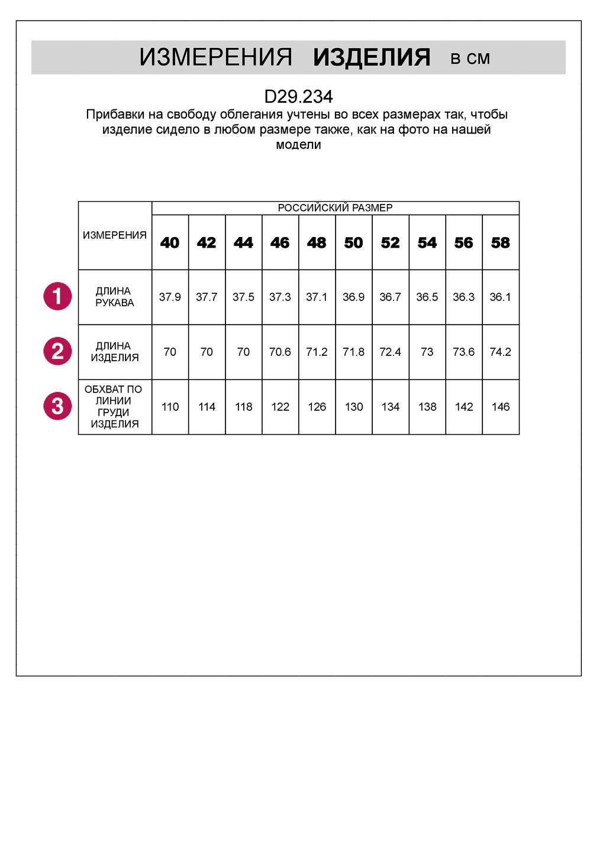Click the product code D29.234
tap(298, 96)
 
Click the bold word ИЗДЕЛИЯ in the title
tap(372, 57)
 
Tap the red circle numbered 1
tap(57, 296)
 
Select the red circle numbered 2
tap(57, 351)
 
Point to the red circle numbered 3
tap(57, 406)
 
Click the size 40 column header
tap(170, 242)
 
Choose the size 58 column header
tap(501, 242)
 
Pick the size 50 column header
tap(353, 242)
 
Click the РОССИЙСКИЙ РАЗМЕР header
tap(335, 207)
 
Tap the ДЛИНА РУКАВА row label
tap(114, 297)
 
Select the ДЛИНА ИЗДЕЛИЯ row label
tap(114, 352)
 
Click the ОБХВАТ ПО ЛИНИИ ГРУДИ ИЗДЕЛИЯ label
tap(114, 407)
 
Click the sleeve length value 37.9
tap(170, 297)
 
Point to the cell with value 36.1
tap(501, 297)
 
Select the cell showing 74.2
tap(501, 352)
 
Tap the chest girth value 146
tap(501, 407)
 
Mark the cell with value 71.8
tap(353, 352)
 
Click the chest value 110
tap(170, 407)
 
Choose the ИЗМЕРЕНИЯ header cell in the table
tap(114, 235)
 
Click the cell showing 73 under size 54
tap(427, 352)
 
